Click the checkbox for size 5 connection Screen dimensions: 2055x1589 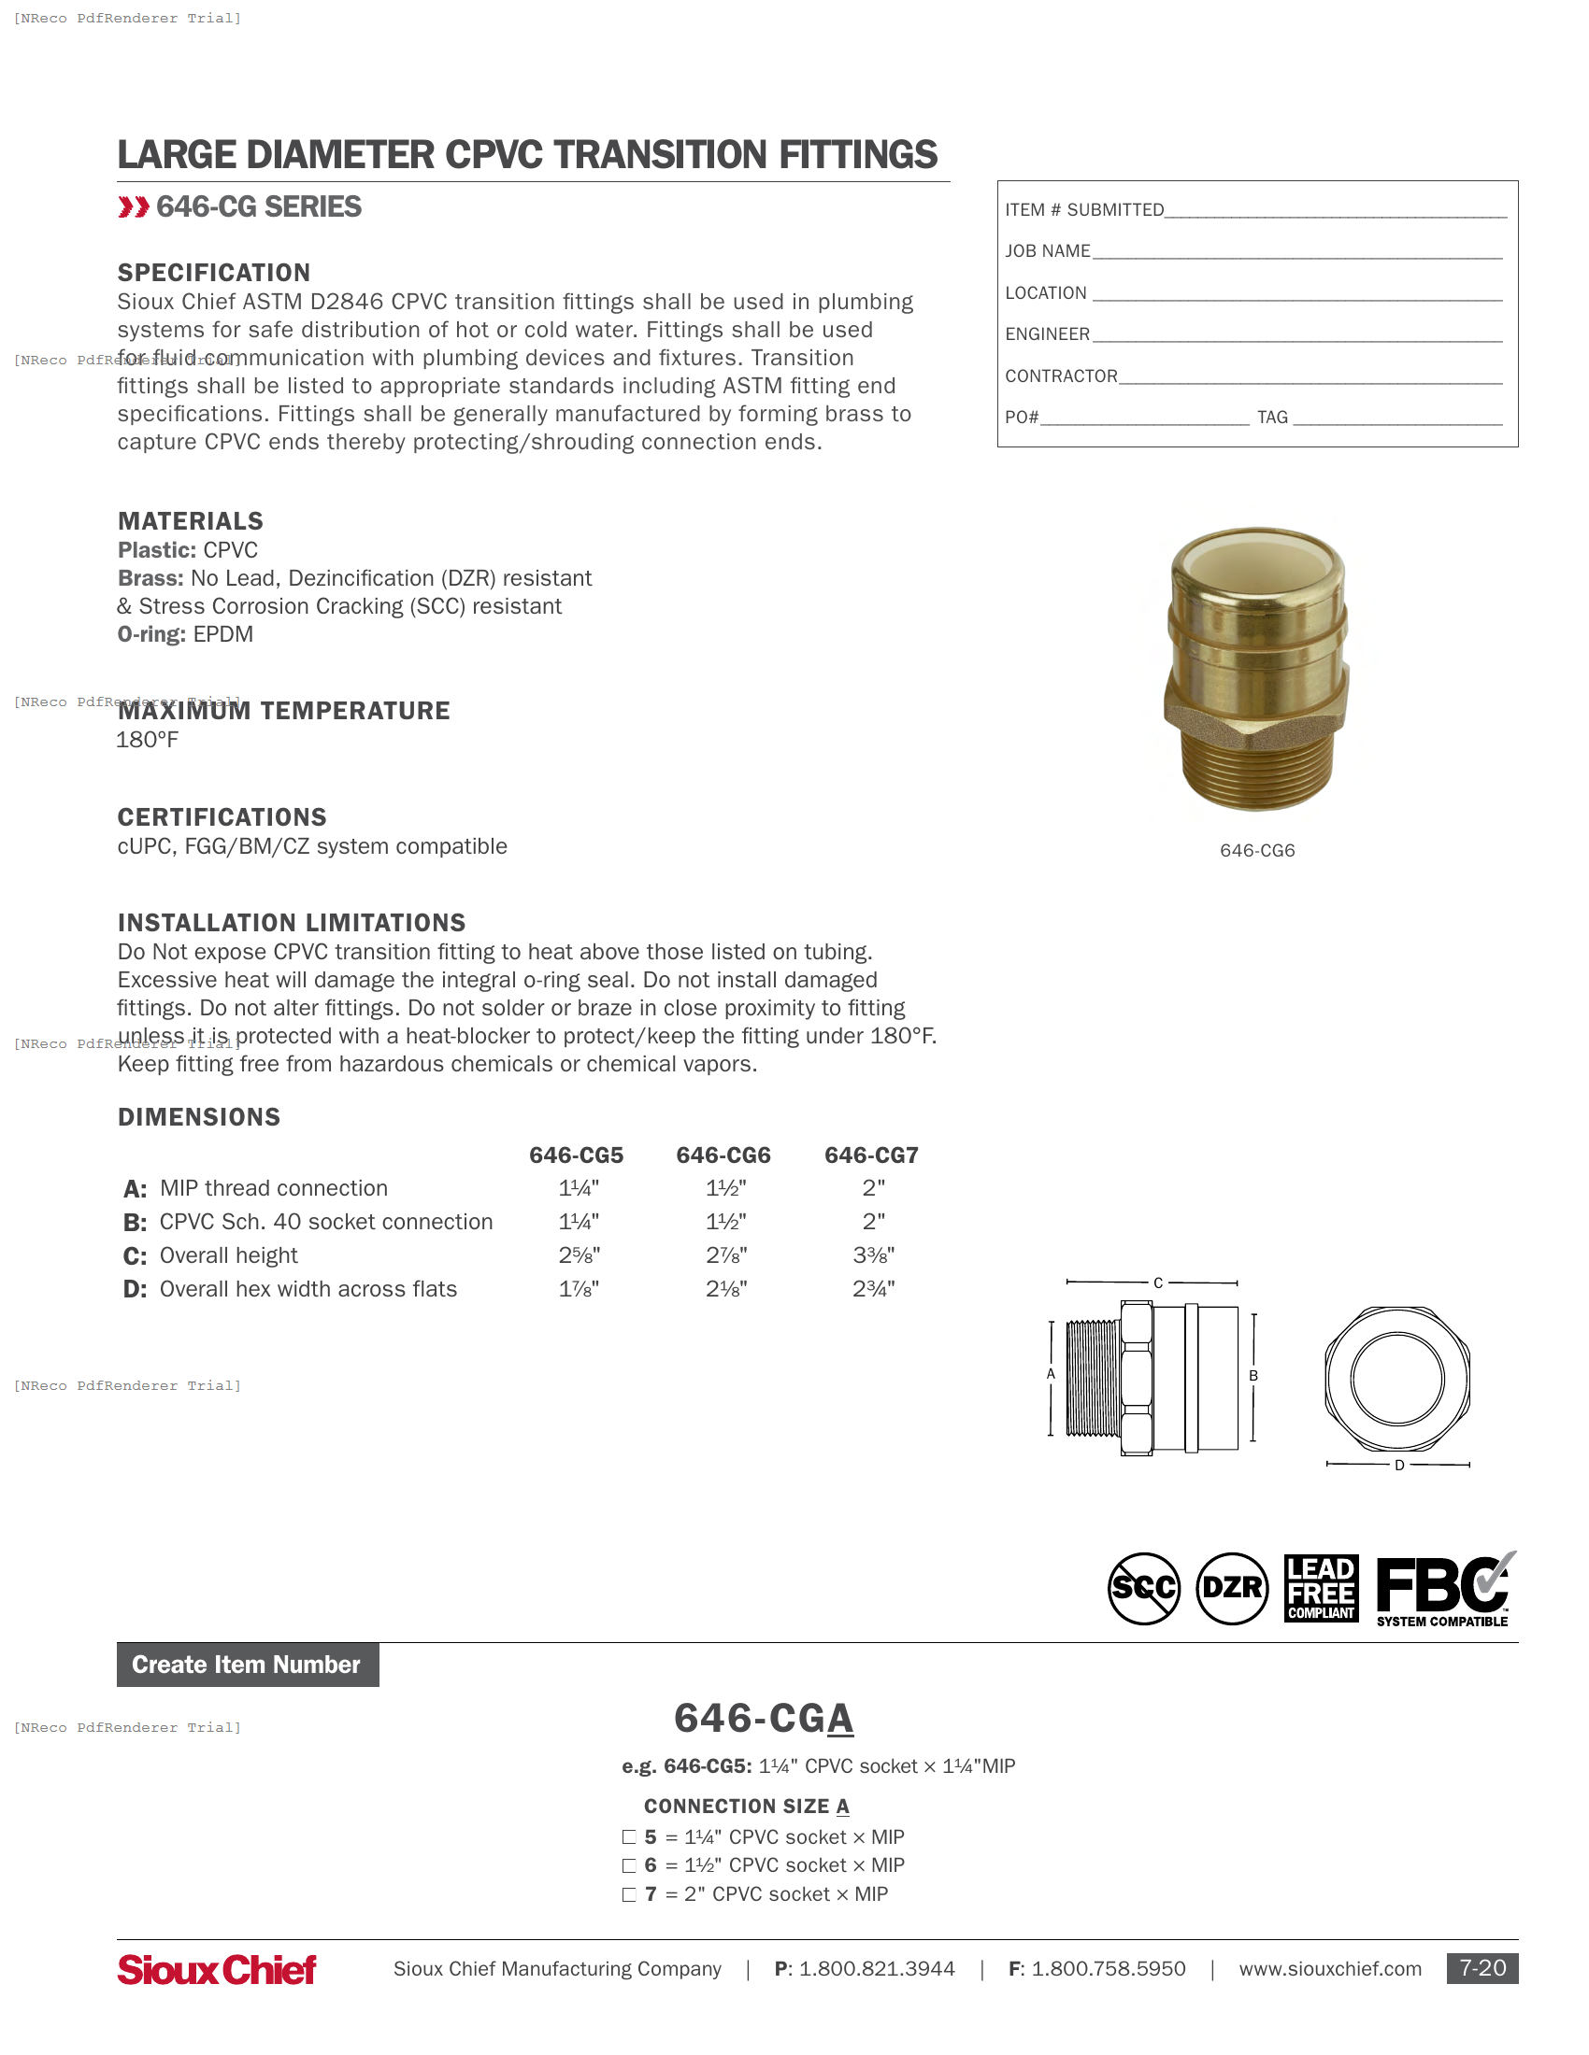click(x=629, y=1836)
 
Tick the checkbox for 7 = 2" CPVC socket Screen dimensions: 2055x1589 click(x=629, y=1894)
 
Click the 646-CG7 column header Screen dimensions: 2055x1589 click(x=871, y=1155)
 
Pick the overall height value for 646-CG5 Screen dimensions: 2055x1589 click(x=579, y=1254)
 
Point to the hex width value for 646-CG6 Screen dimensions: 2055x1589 click(x=725, y=1288)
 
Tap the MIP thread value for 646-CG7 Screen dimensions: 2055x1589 click(x=873, y=1187)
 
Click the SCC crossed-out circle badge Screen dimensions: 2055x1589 click(x=1144, y=1588)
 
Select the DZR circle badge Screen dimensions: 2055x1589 click(x=1232, y=1588)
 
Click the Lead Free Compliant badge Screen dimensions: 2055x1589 click(x=1321, y=1588)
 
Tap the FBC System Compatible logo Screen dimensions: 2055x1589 click(x=1444, y=1589)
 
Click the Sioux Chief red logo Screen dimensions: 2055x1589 click(x=217, y=1969)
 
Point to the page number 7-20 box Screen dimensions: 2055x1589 click(x=1482, y=1968)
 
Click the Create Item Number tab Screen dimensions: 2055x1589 click(x=248, y=1665)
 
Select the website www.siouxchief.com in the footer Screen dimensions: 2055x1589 click(x=1329, y=1968)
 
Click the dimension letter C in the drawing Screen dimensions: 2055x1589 click(x=1158, y=1283)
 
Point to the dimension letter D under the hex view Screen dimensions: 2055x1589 click(x=1399, y=1465)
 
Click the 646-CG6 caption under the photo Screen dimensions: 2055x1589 click(x=1256, y=851)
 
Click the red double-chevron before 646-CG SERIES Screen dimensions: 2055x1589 click(x=134, y=207)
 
